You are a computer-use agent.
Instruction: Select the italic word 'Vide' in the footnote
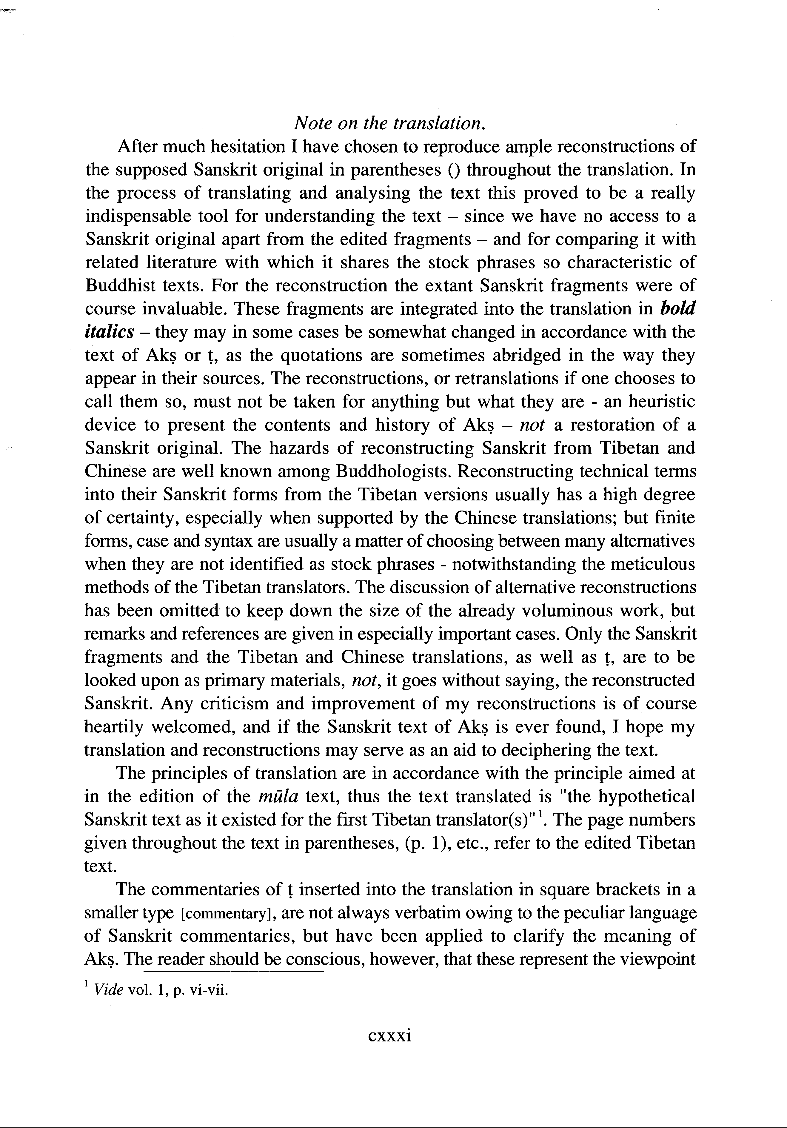pyautogui.click(x=109, y=989)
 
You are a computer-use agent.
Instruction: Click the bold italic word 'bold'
pyautogui.click(x=678, y=308)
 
